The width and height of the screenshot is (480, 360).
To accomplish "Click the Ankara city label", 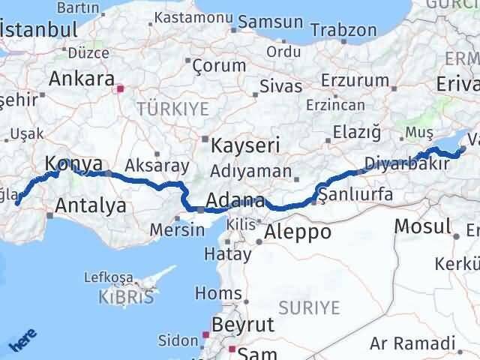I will click(x=81, y=79).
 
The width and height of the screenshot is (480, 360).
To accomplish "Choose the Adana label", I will click(x=235, y=201).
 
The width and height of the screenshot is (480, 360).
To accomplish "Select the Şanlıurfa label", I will click(x=355, y=195).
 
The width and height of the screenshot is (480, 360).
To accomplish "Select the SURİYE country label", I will click(x=309, y=307).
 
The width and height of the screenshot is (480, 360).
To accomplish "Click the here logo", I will click(x=22, y=342).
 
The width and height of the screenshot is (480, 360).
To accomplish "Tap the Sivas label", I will click(x=281, y=86).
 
